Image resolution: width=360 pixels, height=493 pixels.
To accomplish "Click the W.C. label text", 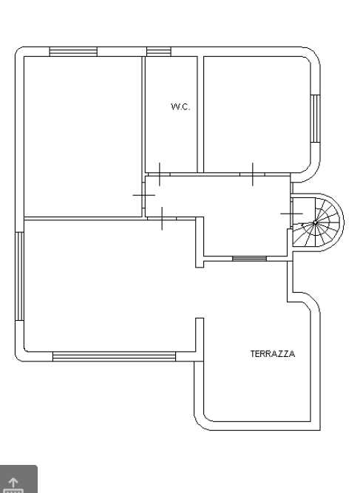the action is pyautogui.click(x=180, y=106).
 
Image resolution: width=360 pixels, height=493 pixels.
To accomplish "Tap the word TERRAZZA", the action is pyautogui.click(x=273, y=354).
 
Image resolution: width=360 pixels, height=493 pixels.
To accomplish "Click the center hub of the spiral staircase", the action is pyautogui.click(x=316, y=222).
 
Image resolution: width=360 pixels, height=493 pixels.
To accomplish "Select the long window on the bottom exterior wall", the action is pyautogui.click(x=114, y=356).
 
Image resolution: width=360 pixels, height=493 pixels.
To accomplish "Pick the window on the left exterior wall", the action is pyautogui.click(x=19, y=276).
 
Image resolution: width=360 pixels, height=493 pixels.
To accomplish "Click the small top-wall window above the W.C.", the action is pyautogui.click(x=159, y=52).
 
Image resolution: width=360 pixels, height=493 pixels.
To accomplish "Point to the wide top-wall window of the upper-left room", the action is pyautogui.click(x=73, y=52).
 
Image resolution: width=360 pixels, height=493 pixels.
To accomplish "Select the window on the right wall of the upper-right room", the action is pyautogui.click(x=316, y=118).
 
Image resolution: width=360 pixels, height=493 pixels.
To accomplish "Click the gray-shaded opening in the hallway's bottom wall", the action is pyautogui.click(x=249, y=259).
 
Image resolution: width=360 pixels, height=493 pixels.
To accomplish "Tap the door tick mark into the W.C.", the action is pyautogui.click(x=160, y=174).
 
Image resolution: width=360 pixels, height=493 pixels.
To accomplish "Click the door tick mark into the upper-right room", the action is pyautogui.click(x=253, y=174).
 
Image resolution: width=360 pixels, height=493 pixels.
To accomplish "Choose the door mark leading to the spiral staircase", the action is pyautogui.click(x=291, y=214).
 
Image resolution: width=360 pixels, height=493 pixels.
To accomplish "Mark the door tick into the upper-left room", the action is pyautogui.click(x=143, y=195).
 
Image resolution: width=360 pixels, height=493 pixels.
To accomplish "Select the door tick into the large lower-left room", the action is pyautogui.click(x=162, y=218).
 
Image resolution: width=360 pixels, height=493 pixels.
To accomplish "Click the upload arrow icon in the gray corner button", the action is pyautogui.click(x=13, y=482).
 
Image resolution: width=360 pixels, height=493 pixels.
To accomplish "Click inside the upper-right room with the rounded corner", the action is pyautogui.click(x=257, y=114).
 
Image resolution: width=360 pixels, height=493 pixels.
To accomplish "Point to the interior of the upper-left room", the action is pyautogui.click(x=83, y=137).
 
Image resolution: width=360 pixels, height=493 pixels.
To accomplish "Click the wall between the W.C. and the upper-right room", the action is pyautogui.click(x=200, y=115).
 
